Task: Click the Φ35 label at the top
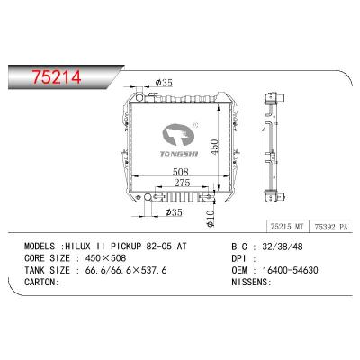coord(165,84)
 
